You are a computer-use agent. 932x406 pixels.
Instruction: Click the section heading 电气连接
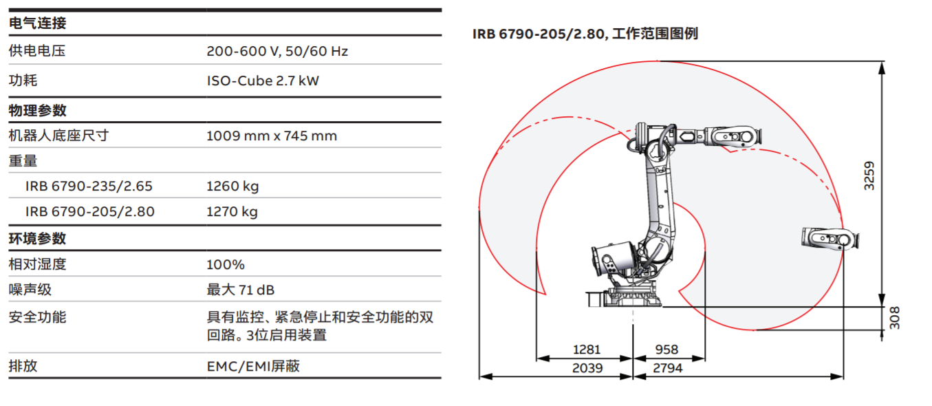[x=37, y=23]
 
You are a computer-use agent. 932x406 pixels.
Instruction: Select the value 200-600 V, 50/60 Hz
[x=277, y=51]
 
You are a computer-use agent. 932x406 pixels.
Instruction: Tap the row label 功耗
[x=23, y=81]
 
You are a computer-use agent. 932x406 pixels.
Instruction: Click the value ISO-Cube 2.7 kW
[x=263, y=81]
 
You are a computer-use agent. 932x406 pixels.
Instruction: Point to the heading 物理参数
[x=37, y=110]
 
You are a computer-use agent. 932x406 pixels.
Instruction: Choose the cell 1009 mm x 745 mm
[x=272, y=136]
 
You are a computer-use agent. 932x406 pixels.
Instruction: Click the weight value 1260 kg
[x=232, y=186]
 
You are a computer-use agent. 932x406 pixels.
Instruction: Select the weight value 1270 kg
[x=232, y=211]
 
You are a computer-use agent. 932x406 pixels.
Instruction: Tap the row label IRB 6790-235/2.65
[x=89, y=186]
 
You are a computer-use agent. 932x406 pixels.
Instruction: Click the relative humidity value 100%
[x=226, y=264]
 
